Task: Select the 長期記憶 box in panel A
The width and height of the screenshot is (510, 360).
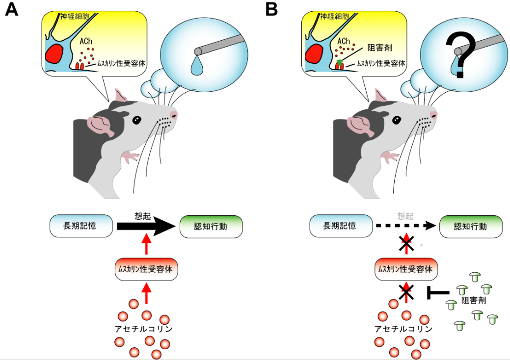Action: coord(81,226)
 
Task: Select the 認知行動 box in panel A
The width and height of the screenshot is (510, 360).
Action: coord(211,227)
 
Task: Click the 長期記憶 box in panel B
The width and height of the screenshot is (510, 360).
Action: coord(341,226)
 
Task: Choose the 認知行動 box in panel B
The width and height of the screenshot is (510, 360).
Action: coord(471,227)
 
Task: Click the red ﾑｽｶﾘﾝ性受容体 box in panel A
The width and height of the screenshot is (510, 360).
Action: coord(146,269)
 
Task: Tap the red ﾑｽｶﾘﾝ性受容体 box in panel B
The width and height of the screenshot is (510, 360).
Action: coord(406,269)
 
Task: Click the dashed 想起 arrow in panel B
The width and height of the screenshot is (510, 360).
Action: coord(405,226)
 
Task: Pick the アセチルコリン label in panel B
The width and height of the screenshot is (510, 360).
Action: coord(403,328)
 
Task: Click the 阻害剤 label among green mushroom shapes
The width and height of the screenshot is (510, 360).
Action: coord(474,300)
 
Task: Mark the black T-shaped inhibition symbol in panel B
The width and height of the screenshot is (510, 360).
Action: coord(435,293)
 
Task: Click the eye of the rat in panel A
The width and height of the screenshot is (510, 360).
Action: coord(137,119)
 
